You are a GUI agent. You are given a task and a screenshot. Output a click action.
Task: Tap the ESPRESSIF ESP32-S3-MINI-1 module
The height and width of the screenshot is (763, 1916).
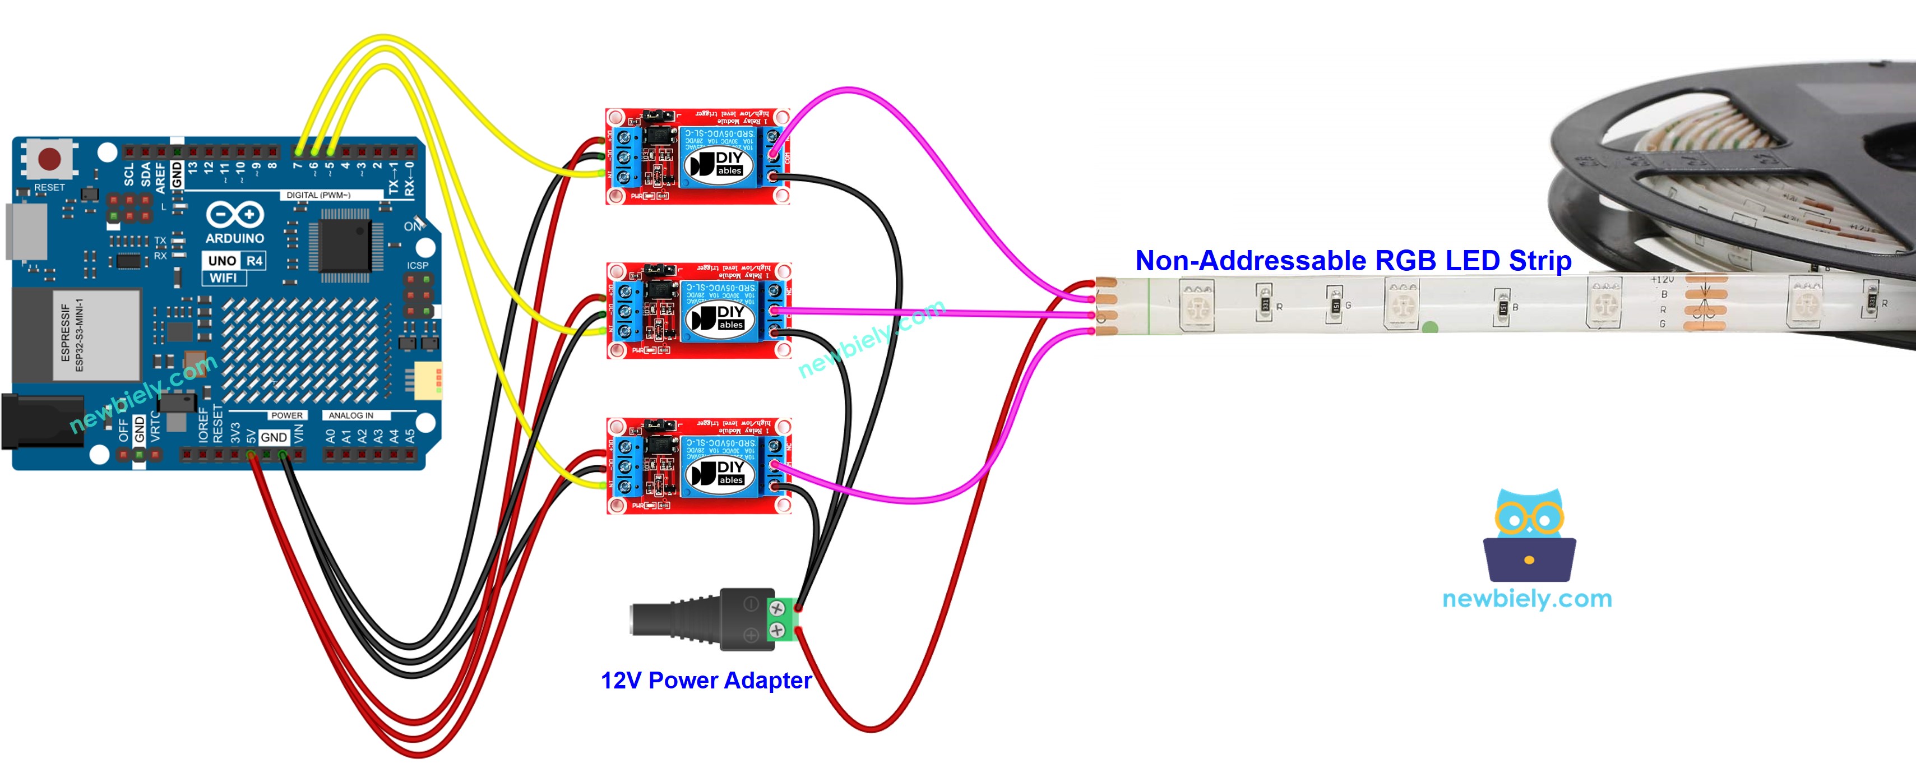[77, 335]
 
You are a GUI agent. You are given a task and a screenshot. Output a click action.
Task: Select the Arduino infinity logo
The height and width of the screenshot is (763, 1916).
[234, 215]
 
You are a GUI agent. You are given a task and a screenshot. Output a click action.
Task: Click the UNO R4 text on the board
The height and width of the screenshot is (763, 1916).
[234, 260]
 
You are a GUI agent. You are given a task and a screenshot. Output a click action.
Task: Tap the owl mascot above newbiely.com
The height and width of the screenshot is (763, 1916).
[1529, 535]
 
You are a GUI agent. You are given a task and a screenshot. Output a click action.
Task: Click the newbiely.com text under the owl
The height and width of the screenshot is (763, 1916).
[1526, 598]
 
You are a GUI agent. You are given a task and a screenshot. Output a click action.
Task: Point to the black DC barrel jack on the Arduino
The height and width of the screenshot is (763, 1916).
[41, 422]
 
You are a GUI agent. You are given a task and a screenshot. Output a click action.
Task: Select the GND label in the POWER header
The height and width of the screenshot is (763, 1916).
[273, 437]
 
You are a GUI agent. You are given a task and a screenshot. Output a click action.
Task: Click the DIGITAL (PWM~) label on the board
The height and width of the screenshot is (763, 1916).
[318, 195]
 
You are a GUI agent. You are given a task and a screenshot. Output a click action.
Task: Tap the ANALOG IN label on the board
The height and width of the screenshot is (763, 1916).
[350, 415]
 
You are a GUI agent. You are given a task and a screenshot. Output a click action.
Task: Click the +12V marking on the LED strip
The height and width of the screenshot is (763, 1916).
[1662, 280]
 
